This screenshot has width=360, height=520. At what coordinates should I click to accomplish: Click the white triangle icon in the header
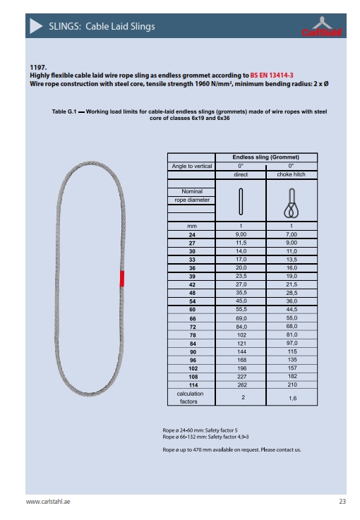click(37, 27)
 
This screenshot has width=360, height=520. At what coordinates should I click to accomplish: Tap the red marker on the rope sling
click(121, 278)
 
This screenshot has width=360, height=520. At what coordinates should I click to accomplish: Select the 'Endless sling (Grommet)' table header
click(265, 157)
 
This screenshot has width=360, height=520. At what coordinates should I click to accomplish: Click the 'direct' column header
click(241, 174)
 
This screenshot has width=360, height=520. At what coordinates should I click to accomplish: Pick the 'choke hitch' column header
click(291, 174)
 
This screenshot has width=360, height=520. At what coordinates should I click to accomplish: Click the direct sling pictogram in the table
click(241, 202)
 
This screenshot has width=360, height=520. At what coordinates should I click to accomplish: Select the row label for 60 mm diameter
click(191, 310)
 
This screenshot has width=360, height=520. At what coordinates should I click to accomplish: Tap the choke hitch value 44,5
click(291, 310)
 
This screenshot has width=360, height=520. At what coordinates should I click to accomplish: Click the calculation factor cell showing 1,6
click(291, 397)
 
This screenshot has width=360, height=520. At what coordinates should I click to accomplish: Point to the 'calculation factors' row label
click(191, 397)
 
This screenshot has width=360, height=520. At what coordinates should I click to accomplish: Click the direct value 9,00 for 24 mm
click(241, 234)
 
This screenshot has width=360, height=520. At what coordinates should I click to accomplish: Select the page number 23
click(342, 502)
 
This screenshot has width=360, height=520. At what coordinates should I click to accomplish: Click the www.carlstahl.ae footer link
click(52, 502)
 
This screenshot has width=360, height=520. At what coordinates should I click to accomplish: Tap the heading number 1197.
click(36, 66)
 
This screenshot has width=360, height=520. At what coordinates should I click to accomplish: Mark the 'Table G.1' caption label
click(64, 111)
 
